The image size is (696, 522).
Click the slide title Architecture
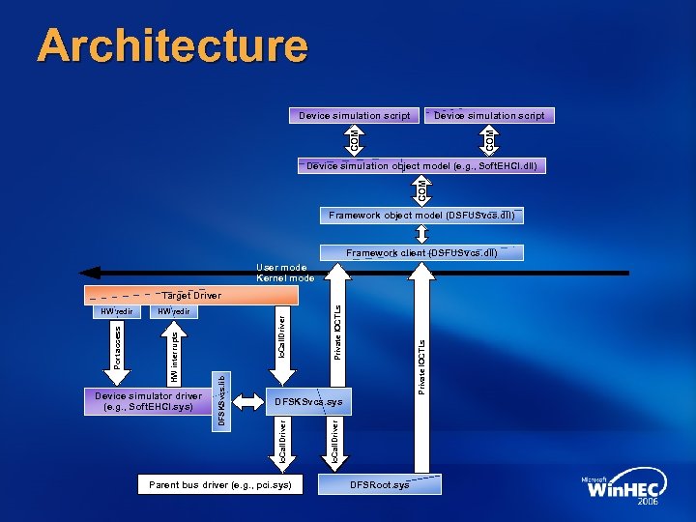[x=172, y=46]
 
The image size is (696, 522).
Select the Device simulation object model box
[x=421, y=166]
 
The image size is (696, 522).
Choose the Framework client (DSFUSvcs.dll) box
[x=421, y=253]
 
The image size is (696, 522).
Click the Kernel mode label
[x=285, y=278]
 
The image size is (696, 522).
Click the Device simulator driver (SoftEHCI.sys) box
[x=148, y=401]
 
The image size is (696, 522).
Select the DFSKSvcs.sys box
[x=308, y=401]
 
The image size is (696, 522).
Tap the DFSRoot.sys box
[x=380, y=484]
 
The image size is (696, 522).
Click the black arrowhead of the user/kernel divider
[x=87, y=273]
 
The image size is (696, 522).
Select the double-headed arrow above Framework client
[x=421, y=235]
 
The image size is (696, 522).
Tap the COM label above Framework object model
[x=421, y=190]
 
